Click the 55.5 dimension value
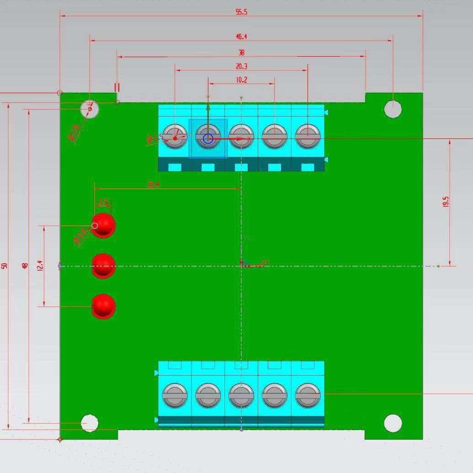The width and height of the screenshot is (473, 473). click(241, 12)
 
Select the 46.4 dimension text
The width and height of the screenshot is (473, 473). click(241, 37)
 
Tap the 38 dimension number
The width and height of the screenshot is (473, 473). click(241, 53)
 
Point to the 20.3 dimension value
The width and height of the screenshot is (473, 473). click(241, 66)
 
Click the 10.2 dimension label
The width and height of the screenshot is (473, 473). click(241, 80)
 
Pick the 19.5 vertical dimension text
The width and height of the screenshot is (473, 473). click(446, 202)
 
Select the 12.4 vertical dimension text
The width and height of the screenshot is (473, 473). click(40, 266)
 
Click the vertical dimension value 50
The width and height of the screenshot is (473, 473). click(5, 266)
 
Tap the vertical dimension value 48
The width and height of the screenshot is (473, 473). click(25, 266)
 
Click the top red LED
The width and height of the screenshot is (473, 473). click(104, 225)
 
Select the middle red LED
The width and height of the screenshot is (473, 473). click(103, 265)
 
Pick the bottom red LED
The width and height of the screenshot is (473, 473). click(103, 306)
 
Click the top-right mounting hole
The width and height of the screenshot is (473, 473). click(393, 109)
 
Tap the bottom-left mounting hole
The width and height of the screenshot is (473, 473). click(90, 423)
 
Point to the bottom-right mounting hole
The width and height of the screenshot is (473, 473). click(393, 423)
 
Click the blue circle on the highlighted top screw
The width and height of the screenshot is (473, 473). click(208, 138)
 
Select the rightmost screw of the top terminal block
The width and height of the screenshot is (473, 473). click(308, 136)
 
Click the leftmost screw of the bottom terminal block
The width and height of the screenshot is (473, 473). click(175, 395)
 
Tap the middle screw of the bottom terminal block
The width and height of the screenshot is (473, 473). click(241, 395)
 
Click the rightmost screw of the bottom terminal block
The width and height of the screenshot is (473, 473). click(308, 395)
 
